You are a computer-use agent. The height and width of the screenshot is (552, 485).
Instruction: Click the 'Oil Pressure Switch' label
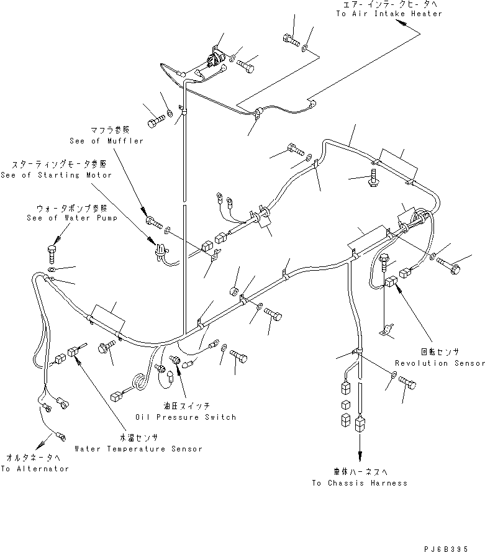tap(185, 417)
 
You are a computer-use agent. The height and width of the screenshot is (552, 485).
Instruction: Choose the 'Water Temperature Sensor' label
tap(138, 448)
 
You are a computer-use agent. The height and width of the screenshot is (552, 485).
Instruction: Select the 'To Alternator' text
tap(35, 469)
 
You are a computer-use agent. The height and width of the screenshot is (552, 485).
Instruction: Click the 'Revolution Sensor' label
tap(439, 363)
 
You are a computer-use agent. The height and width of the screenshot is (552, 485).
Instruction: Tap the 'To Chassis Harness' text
tap(360, 483)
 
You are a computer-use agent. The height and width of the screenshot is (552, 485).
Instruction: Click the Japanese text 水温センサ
tap(138, 438)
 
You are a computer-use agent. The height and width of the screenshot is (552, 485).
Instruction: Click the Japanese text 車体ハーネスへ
tap(360, 473)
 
